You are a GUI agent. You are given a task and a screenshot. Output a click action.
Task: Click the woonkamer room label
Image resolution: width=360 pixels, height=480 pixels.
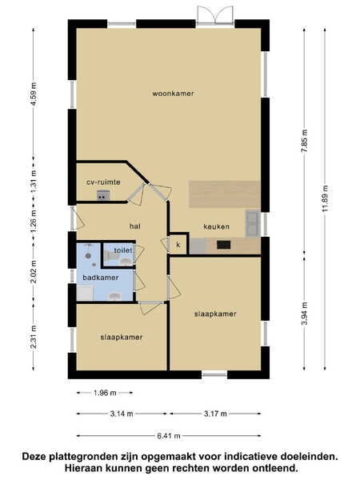coord(173,94)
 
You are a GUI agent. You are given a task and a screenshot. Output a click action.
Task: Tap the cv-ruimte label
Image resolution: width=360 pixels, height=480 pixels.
coord(103,182)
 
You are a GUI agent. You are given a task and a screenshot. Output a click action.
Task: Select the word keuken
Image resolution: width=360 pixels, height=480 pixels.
coord(216,226)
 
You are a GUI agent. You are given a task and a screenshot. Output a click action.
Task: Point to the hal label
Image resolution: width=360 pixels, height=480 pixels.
coord(135,226)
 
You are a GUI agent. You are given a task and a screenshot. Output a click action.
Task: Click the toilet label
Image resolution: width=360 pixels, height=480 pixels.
coord(123,250)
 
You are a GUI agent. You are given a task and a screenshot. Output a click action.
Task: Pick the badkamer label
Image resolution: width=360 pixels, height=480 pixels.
coord(101,278)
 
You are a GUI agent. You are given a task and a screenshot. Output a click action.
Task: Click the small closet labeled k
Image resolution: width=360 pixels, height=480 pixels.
coord(178,245)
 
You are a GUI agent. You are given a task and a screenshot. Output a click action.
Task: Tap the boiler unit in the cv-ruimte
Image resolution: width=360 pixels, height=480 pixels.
coord(103,194)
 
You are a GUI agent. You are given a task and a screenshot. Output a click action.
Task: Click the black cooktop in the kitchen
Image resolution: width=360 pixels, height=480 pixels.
coord(223,245)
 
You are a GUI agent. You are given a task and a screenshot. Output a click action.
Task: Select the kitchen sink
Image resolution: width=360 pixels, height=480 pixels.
coord(252,223)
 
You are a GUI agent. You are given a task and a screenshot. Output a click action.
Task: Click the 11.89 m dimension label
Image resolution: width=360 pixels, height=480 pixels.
coord(325,198)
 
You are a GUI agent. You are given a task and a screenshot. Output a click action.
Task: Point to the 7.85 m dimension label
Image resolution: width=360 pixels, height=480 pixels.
coord(305,141)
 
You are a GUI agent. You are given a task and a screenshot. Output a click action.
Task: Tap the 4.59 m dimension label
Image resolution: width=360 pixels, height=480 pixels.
coord(34,94)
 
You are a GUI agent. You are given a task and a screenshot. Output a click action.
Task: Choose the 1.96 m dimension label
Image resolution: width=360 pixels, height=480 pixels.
coord(105,393)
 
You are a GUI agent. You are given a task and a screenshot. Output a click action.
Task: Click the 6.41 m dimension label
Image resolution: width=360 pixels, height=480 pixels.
coord(169,436)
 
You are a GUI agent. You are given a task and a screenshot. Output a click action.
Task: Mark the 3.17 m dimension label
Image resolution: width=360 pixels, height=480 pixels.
coord(215,414)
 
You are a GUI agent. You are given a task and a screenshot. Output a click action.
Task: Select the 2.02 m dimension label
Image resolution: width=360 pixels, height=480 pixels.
coord(34,271)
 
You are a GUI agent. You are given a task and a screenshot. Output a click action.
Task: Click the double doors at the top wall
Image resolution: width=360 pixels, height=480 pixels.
coord(215,16)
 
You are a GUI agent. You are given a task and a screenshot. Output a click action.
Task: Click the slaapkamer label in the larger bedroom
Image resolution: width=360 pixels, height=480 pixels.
coord(215,314)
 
